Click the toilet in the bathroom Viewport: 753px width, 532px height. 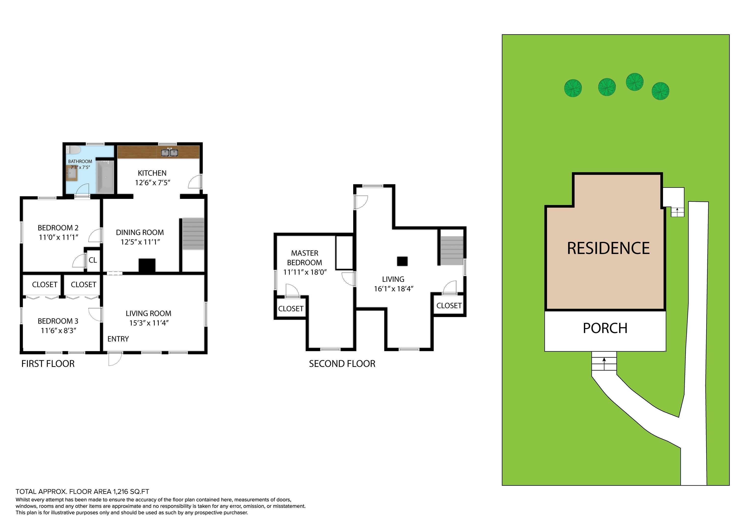pyautogui.click(x=74, y=150)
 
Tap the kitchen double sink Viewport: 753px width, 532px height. pyautogui.click(x=169, y=152)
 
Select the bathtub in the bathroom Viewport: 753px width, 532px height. pyautogui.click(x=106, y=177)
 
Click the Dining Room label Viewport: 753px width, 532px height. pyautogui.click(x=140, y=232)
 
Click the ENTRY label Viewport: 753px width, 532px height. pyautogui.click(x=118, y=339)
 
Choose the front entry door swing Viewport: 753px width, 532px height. pyautogui.click(x=115, y=359)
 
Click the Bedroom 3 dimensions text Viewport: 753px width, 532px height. pyautogui.click(x=58, y=330)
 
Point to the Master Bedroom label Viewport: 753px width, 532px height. pyautogui.click(x=305, y=258)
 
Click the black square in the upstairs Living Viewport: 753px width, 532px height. pyautogui.click(x=402, y=261)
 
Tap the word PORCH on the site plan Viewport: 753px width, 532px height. pyautogui.click(x=605, y=328)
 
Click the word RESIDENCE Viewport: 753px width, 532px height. pyautogui.click(x=608, y=248)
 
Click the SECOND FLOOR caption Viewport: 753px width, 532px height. pyautogui.click(x=342, y=363)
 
